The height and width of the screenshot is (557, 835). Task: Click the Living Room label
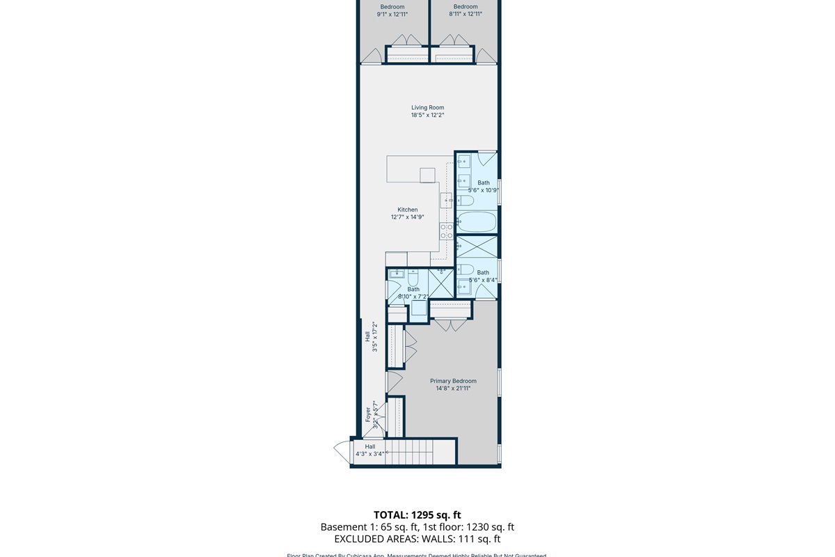[427, 108]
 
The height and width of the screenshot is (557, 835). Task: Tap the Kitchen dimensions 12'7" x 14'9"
[407, 217]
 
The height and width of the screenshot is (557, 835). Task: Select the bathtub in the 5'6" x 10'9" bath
[477, 223]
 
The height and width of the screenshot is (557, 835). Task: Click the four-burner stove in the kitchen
[446, 231]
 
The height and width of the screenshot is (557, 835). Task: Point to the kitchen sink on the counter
[446, 201]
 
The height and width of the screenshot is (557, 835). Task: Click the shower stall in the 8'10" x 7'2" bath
[440, 283]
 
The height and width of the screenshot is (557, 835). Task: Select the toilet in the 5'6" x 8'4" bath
[466, 269]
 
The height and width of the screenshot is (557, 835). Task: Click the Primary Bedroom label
[453, 381]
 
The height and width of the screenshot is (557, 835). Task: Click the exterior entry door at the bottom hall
[343, 453]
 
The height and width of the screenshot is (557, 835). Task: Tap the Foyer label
[368, 415]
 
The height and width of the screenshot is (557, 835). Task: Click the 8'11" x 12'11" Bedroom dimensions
[465, 14]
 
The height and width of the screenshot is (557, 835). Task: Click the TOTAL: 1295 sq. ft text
[417, 515]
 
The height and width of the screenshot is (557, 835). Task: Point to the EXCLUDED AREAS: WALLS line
[417, 539]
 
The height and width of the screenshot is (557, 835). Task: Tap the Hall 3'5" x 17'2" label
[370, 337]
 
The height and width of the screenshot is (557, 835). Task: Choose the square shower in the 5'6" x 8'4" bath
[477, 247]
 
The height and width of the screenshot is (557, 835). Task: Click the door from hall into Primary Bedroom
[393, 382]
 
